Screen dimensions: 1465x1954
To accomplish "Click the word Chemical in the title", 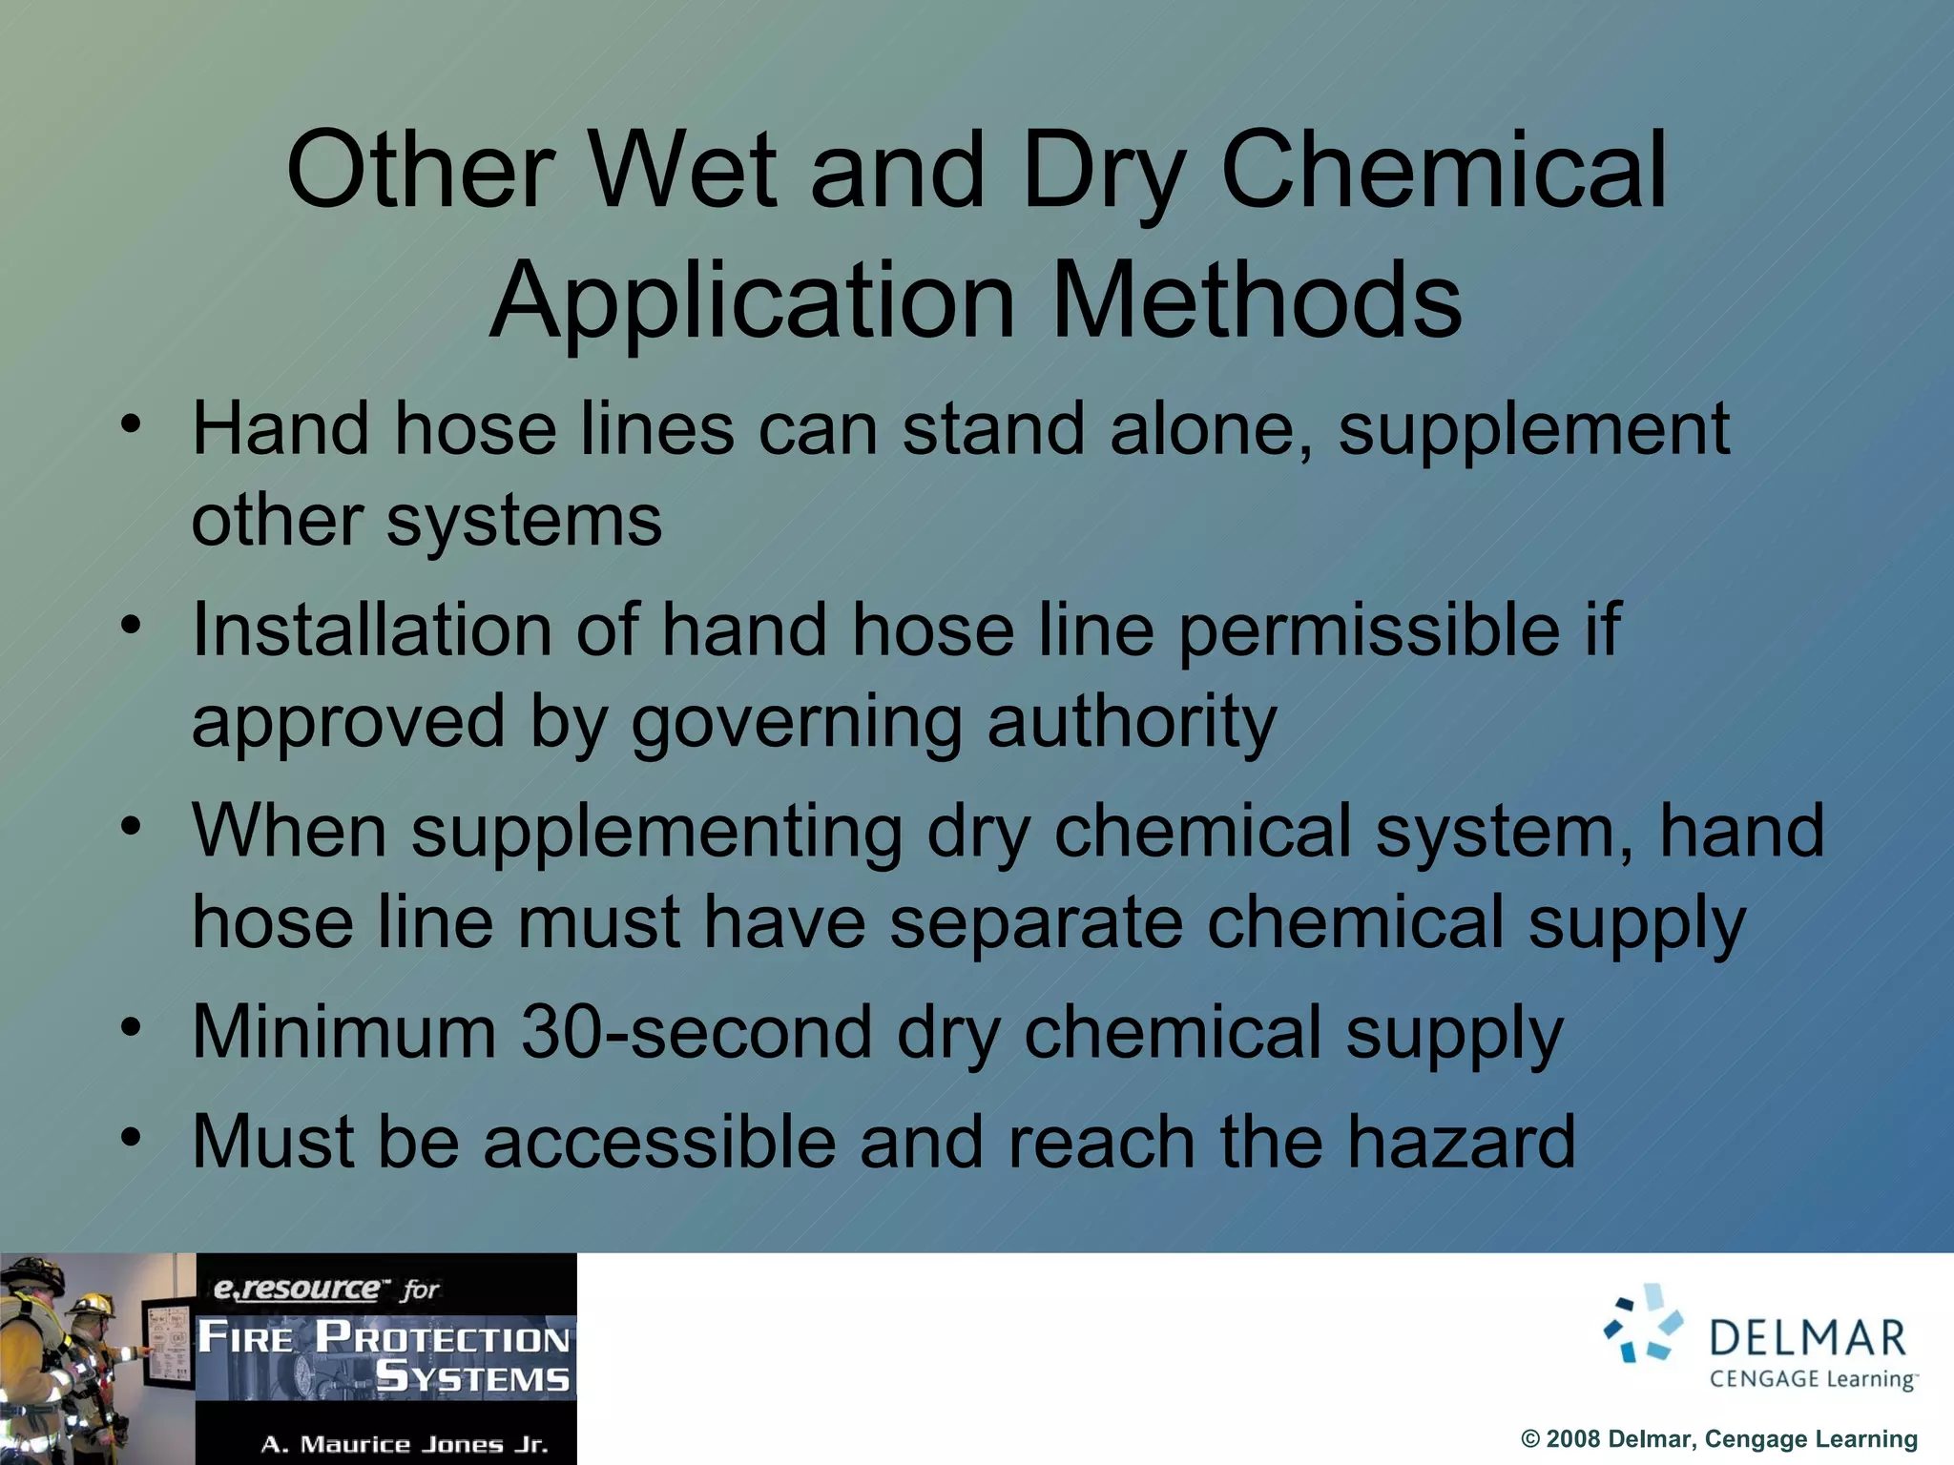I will [x=1444, y=172].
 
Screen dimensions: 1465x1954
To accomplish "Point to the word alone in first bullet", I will [x=1210, y=429].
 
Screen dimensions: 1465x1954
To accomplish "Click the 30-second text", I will [x=696, y=1032].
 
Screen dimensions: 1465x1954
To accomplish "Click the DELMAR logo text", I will [x=1807, y=1339].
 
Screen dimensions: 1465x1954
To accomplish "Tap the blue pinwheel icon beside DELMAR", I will [x=1643, y=1324].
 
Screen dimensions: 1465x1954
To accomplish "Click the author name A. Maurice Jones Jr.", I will [x=405, y=1444].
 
